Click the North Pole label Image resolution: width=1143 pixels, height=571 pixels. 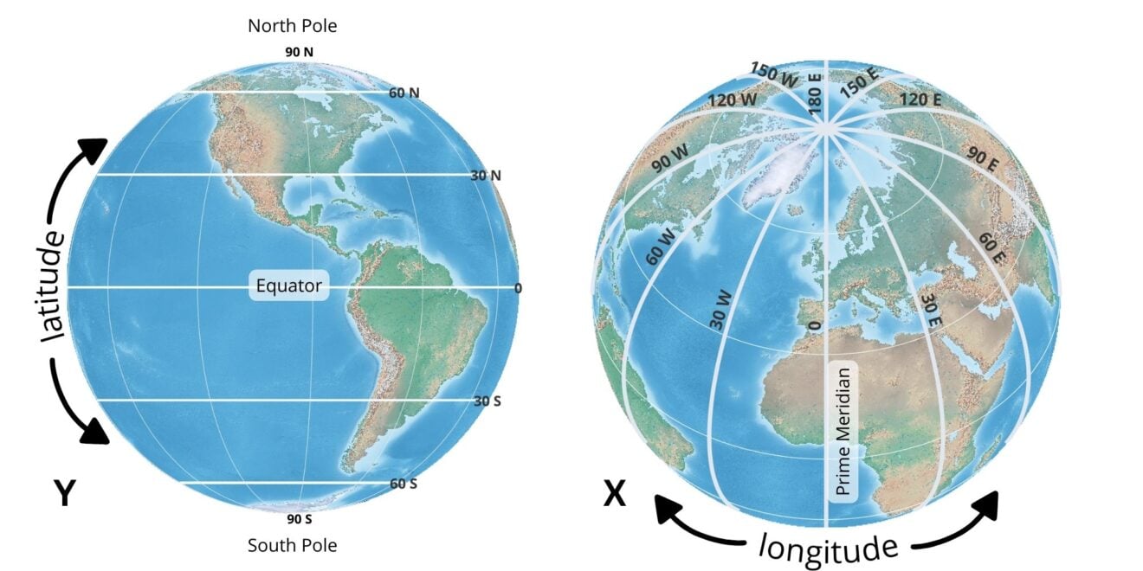(x=292, y=26)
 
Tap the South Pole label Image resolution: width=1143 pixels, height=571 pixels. (x=292, y=545)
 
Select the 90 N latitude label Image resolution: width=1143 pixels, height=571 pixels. (x=299, y=52)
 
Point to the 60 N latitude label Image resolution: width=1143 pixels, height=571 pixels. (x=404, y=93)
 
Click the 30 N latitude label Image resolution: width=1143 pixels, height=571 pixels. (x=486, y=176)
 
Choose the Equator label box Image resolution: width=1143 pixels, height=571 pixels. (x=289, y=285)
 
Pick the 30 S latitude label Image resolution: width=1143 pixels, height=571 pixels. (x=488, y=401)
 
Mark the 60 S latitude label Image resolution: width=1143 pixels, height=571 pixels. (x=403, y=484)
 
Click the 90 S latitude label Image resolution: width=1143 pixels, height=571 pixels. (x=299, y=520)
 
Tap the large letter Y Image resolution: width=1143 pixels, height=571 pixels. (x=64, y=494)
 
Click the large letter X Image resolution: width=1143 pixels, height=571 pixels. (x=614, y=494)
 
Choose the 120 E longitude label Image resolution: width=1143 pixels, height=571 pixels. (x=920, y=99)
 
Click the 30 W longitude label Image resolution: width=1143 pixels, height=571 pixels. (x=720, y=310)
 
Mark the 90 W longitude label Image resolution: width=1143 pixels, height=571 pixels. (x=670, y=158)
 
